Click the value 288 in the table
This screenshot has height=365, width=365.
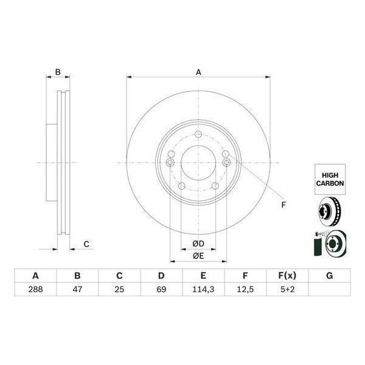click(35, 289)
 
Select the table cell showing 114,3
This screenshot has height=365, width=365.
click(203, 289)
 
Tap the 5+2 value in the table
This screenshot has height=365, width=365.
click(287, 289)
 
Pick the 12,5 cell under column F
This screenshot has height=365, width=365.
click(245, 289)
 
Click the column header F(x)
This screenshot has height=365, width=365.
click(287, 276)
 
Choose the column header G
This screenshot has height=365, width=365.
click(329, 276)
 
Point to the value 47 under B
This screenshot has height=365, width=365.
click(77, 289)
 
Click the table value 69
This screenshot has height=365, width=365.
click(161, 289)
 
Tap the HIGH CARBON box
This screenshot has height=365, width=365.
click(330, 179)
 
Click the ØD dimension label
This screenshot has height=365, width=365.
click(198, 244)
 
